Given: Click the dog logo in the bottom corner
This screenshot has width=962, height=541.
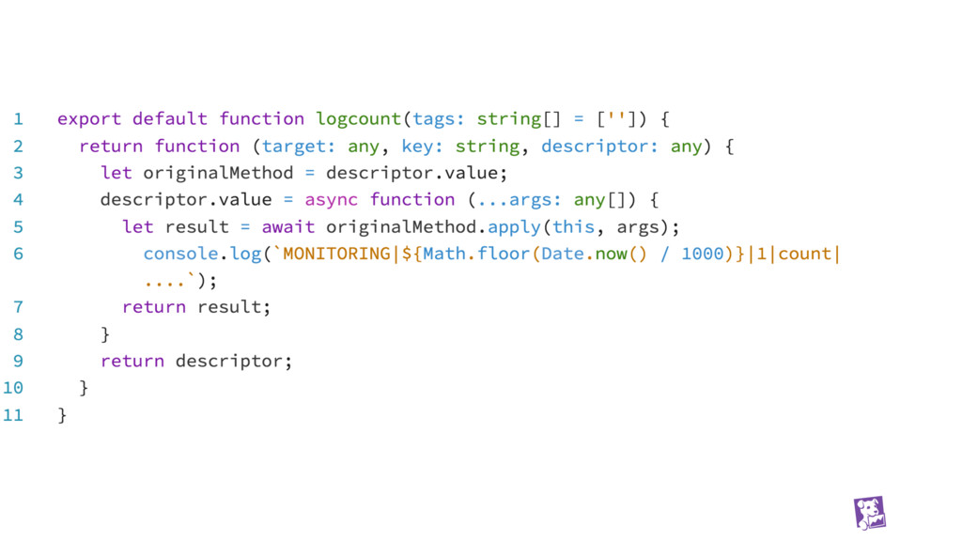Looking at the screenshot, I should (x=869, y=513).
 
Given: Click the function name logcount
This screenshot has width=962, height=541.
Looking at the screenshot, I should (x=359, y=119).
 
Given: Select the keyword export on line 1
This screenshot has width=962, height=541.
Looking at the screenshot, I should (x=89, y=119).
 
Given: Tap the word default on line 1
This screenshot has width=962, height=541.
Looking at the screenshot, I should (x=170, y=119).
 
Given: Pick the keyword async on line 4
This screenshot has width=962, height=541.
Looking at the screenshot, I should (x=332, y=200).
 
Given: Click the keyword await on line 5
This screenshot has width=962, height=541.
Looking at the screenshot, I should (x=288, y=227).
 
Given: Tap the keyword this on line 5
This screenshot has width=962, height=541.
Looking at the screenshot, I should (x=573, y=227).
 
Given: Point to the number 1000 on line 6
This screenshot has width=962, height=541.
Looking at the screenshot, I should (x=703, y=255).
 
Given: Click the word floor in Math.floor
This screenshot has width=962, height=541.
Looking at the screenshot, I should (x=504, y=255).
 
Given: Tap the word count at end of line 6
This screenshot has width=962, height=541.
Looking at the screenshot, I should (x=805, y=255).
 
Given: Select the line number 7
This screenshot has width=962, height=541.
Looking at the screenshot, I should (x=19, y=307).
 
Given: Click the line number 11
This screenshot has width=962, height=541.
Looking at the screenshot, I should (x=13, y=414).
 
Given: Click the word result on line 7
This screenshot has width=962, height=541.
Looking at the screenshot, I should (x=229, y=307).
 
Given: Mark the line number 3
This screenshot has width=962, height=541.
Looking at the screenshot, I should (x=19, y=173).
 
